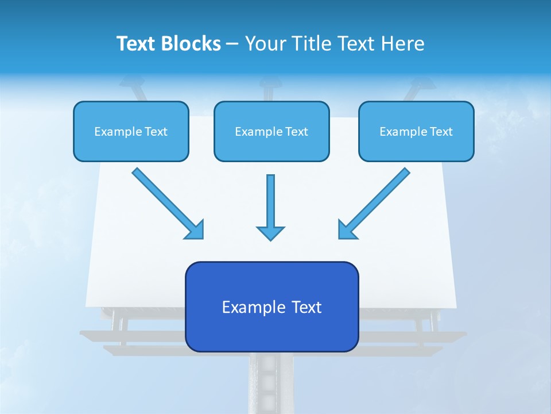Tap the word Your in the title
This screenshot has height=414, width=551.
coord(264,44)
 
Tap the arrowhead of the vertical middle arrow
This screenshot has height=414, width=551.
coord(270,233)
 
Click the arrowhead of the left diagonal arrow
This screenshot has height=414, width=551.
coord(195,230)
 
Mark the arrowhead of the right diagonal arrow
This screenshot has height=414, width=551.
coord(347,230)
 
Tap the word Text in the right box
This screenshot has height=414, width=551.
coord(441,132)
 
